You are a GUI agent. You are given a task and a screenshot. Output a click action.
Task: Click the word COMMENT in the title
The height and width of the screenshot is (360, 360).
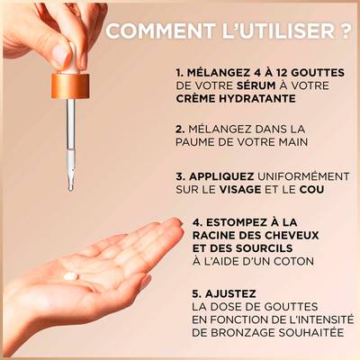click(x=160, y=31)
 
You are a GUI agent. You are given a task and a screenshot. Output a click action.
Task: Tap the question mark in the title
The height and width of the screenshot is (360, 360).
click(x=346, y=31)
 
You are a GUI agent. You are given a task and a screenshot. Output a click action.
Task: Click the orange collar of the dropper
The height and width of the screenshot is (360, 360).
click(x=70, y=86)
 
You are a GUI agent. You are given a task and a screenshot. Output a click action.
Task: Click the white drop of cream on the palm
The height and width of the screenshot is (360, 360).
click(x=71, y=276)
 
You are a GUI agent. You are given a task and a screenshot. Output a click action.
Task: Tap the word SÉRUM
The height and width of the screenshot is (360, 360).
click(x=256, y=85)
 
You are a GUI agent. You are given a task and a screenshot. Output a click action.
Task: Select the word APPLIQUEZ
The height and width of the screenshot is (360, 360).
click(x=221, y=176)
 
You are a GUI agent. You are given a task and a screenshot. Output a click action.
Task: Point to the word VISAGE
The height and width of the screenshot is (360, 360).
click(x=240, y=190)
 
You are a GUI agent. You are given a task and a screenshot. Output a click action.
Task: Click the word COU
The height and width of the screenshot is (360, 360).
click(x=311, y=190)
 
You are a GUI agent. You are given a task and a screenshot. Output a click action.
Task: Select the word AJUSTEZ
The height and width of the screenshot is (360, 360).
click(x=230, y=293)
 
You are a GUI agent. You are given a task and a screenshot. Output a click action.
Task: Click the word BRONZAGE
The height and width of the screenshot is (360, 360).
click(x=243, y=332)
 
